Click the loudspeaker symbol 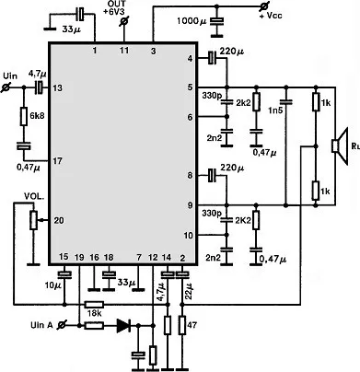[340, 145]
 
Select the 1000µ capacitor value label [192, 21]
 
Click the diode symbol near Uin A [123, 325]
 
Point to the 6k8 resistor [24, 116]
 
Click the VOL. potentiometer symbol [34, 220]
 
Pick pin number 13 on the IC [57, 88]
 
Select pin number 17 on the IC [58, 161]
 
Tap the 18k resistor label [95, 314]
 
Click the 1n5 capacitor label [275, 110]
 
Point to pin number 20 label [59, 220]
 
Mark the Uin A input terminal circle [63, 325]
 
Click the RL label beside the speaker [355, 145]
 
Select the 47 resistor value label [192, 325]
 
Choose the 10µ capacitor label [53, 285]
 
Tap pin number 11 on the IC [124, 50]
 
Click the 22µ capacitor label [190, 291]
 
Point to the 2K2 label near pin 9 [242, 220]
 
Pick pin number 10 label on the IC [189, 236]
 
